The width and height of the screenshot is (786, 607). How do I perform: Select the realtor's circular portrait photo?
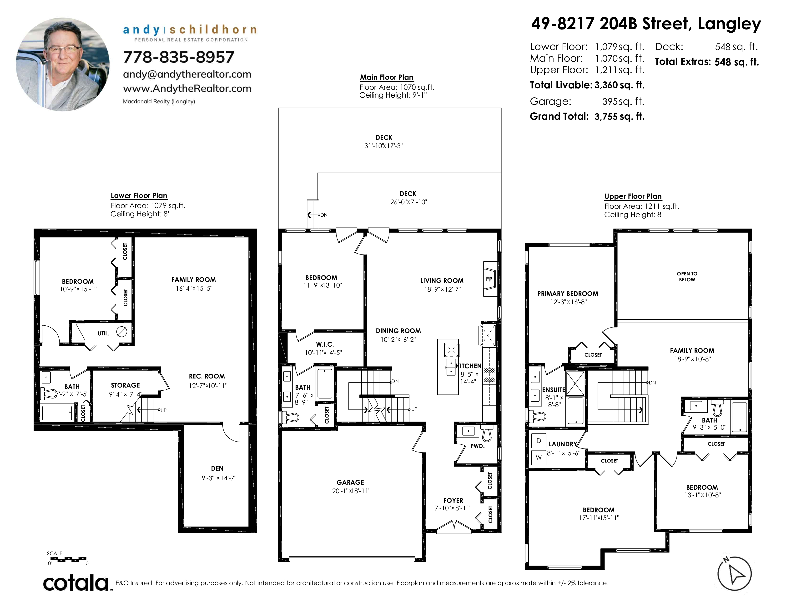pyautogui.click(x=63, y=65)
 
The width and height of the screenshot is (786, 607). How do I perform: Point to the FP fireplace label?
pyautogui.click(x=489, y=279)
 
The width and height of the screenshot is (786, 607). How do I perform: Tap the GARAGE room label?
pyautogui.click(x=350, y=482)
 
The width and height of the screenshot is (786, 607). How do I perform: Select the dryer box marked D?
pyautogui.click(x=539, y=441)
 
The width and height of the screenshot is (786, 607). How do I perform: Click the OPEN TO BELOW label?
pyautogui.click(x=687, y=277)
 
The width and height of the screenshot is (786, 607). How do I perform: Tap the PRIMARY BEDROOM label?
pyautogui.click(x=568, y=294)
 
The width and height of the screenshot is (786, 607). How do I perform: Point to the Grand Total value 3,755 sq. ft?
pyautogui.click(x=619, y=116)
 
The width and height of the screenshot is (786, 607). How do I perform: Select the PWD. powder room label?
pyautogui.click(x=478, y=446)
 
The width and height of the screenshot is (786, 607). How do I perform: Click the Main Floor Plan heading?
pyautogui.click(x=387, y=77)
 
